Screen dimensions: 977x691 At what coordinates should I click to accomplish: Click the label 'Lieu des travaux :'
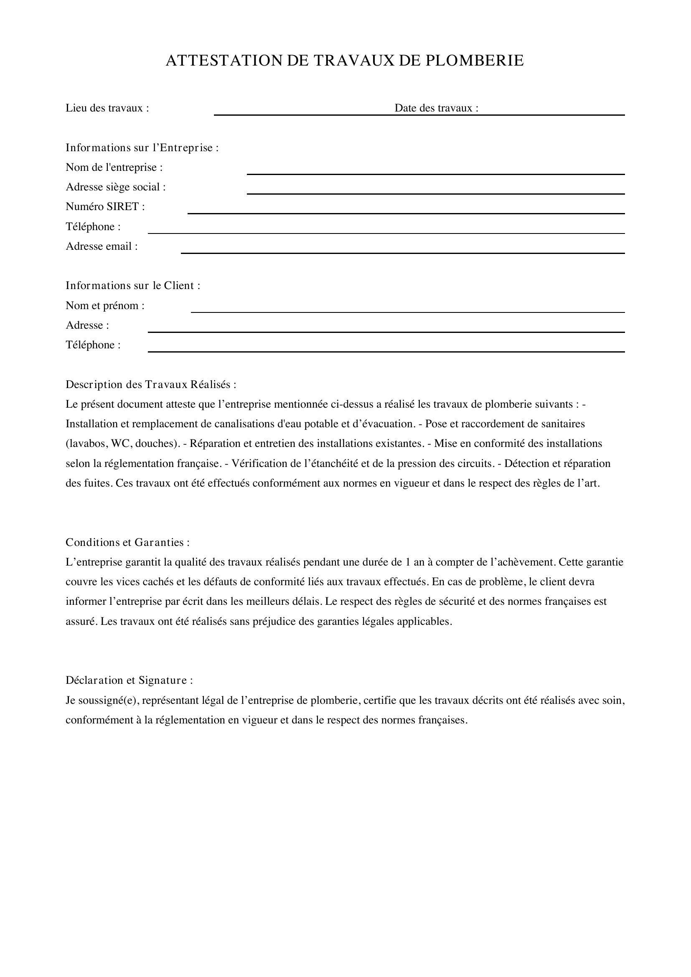(x=107, y=108)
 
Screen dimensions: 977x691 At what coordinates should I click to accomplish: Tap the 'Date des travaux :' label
(x=436, y=108)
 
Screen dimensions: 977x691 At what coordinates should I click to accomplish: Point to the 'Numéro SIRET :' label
(x=105, y=207)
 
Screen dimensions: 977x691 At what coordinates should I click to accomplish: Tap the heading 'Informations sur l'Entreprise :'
(x=142, y=147)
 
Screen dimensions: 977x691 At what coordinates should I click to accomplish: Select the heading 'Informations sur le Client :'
(x=133, y=286)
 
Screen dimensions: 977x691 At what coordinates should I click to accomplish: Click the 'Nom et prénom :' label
(x=105, y=305)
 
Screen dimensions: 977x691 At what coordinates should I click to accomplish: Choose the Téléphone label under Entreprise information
(x=93, y=227)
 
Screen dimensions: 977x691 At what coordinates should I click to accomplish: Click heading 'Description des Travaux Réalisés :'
(x=151, y=385)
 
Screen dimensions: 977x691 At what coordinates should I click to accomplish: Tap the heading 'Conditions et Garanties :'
(x=127, y=543)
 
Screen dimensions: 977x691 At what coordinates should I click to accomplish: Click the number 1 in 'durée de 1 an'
(x=408, y=563)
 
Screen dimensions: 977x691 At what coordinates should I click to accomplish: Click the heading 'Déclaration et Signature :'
(x=129, y=680)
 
